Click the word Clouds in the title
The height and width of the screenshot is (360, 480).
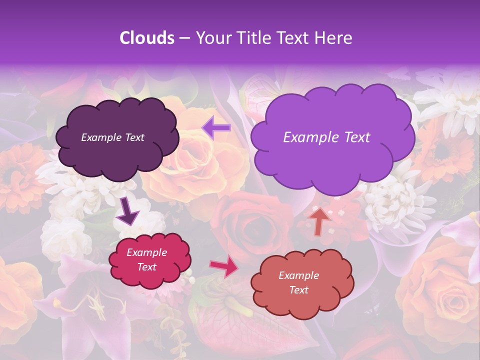147,38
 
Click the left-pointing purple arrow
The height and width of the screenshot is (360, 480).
216,128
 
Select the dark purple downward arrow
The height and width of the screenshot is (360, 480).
128,212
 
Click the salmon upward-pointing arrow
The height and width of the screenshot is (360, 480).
319,220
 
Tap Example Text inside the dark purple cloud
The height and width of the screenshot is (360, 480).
112,137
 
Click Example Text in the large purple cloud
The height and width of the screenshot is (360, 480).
326,137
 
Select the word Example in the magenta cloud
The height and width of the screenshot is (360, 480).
146,252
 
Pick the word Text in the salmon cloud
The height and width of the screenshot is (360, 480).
298,290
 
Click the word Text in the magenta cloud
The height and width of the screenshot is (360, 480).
146,267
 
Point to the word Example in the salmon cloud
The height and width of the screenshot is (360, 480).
298,275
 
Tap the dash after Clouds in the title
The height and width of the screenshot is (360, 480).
184,38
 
